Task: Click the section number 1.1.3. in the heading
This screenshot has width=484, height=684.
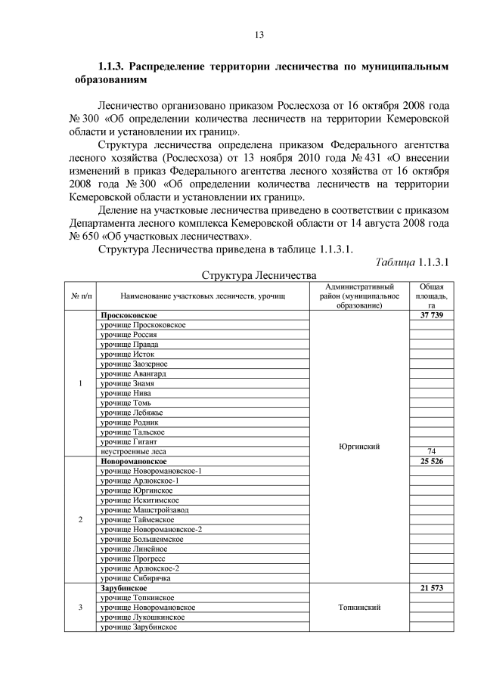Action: tap(117, 67)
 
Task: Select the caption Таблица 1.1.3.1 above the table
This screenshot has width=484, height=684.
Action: tap(413, 261)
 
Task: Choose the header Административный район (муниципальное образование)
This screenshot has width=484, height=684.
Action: tap(358, 296)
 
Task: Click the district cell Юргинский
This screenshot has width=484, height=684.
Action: tap(358, 446)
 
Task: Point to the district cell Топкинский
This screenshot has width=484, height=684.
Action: tap(358, 607)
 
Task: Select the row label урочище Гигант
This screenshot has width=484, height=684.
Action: tap(127, 441)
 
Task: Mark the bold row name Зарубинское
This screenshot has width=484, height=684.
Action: tap(123, 587)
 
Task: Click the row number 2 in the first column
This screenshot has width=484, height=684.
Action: tap(80, 519)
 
